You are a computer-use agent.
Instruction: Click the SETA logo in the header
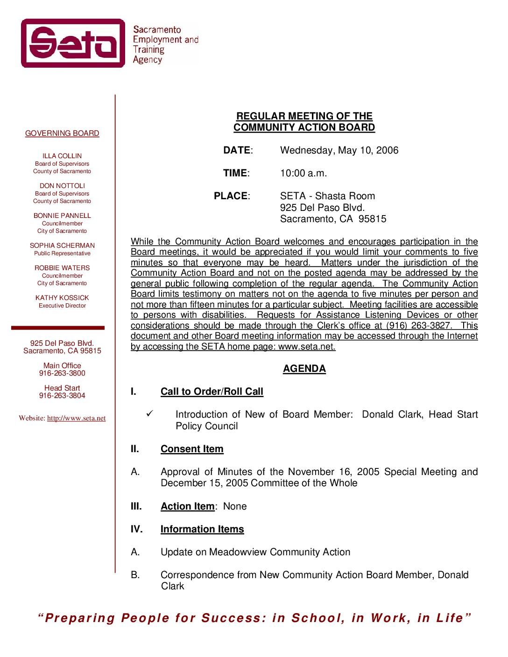tap(73, 43)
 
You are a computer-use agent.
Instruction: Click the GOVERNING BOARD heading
tap(62, 133)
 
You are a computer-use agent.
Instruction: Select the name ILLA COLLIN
tap(62, 156)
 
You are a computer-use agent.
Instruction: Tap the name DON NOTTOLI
tap(62, 186)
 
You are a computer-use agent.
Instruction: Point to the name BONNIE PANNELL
tap(62, 216)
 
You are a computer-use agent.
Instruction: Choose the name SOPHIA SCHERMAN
tap(62, 245)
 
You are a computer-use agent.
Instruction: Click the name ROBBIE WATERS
tap(62, 268)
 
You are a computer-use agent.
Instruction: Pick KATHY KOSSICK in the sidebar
tap(62, 298)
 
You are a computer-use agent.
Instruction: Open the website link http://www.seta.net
tap(76, 418)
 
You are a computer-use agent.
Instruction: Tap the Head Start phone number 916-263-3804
tap(62, 396)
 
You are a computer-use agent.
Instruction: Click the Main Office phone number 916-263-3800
tap(62, 373)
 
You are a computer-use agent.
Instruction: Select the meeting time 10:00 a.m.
tap(303, 173)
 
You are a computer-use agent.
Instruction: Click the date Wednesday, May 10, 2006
tap(339, 150)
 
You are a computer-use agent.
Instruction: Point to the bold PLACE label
tap(231, 196)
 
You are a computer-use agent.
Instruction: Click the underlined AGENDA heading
tap(304, 369)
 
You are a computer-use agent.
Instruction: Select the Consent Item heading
tap(192, 449)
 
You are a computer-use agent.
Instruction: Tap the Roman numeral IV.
tap(136, 529)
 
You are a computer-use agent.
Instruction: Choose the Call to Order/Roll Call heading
tap(212, 391)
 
